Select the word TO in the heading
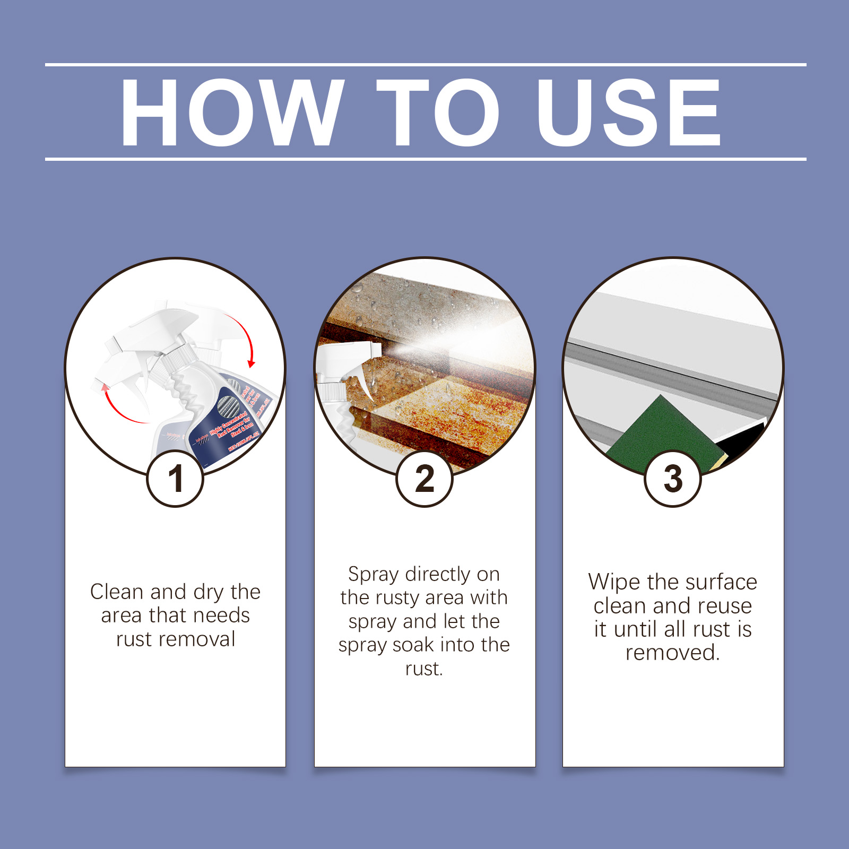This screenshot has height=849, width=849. click(438, 112)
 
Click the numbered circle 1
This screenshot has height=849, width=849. click(175, 479)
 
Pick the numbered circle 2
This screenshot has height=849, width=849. click(424, 479)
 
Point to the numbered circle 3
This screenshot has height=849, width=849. click(673, 479)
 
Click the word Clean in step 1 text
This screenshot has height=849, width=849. click(116, 592)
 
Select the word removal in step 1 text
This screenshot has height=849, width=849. click(202, 639)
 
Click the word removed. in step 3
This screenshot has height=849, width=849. click(672, 653)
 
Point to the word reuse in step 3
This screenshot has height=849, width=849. click(725, 606)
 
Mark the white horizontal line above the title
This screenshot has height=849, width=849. click(424, 65)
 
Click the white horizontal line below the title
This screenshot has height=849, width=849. click(424, 159)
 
